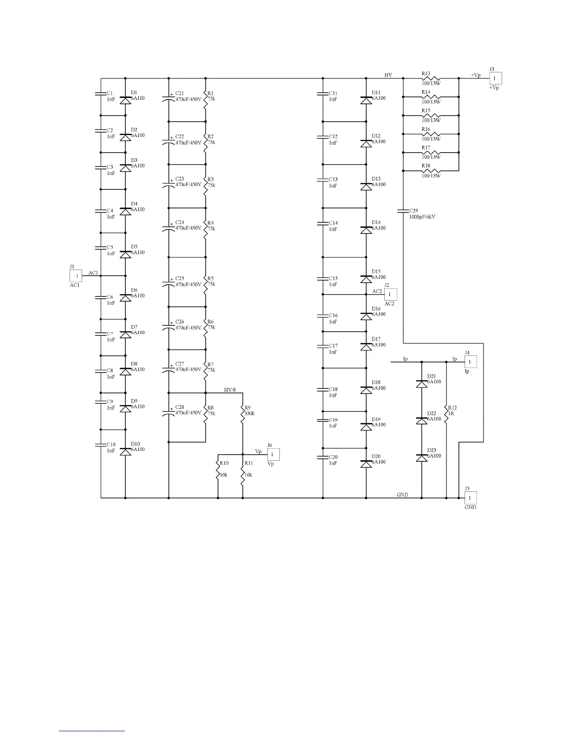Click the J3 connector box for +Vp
coord(496,78)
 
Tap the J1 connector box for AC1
coord(76,276)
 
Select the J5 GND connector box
coord(470,498)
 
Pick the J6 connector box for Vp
coord(273,454)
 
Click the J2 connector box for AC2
coord(390,294)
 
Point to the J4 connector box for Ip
coord(470,361)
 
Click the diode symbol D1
coord(125,100)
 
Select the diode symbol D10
coord(125,451)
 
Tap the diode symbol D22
coord(421,420)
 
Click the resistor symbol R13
coord(431,78)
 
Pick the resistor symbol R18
coord(431,171)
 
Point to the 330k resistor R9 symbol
coord(243,414)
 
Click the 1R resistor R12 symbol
coord(446,414)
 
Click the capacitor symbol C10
coord(101,445)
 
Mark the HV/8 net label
coord(230,390)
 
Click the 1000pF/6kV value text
coord(422,217)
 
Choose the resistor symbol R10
coord(218,470)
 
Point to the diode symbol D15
coord(366,279)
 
